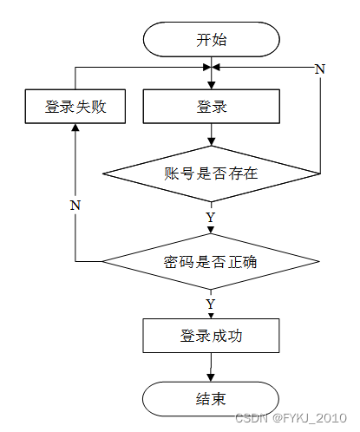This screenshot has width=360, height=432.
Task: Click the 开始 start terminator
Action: (212, 39)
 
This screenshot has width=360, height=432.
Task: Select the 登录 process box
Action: (212, 107)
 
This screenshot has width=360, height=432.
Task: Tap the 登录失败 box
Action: (75, 107)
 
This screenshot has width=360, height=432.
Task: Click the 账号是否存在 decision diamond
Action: (212, 173)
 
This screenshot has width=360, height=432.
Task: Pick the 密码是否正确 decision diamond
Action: (211, 261)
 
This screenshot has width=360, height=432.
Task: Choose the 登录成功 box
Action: (211, 336)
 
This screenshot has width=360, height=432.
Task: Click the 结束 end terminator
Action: (211, 399)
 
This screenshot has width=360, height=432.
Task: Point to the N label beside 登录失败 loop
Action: (75, 205)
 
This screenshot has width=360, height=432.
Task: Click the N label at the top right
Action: (320, 69)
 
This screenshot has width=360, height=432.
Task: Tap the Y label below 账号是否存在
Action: (211, 217)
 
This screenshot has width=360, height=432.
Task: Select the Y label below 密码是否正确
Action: (211, 304)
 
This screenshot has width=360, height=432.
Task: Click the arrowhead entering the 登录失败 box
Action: (75, 128)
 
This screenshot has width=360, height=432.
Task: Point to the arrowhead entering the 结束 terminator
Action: (211, 377)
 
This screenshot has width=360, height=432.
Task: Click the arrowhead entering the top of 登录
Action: (212, 85)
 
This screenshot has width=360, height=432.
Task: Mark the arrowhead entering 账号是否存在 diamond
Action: (212, 142)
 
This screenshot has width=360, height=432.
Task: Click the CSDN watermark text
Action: (252, 418)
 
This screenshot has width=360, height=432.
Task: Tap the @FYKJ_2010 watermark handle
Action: (310, 418)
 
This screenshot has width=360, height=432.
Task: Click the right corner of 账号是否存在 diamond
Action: (320, 173)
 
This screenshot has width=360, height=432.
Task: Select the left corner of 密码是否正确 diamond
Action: (102, 261)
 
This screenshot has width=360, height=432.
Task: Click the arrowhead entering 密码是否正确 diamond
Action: (211, 230)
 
